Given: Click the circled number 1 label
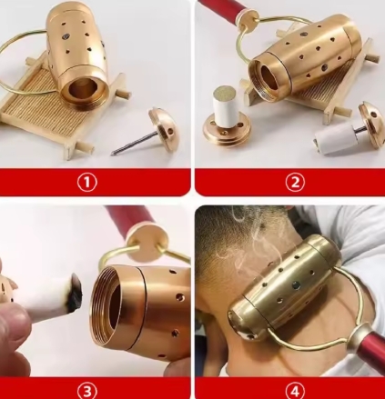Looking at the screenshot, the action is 86,183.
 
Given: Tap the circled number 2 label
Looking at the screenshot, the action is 295,183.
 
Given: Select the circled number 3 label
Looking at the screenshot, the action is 86,391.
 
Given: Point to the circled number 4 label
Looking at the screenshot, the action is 295,391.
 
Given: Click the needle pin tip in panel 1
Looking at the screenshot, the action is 112,155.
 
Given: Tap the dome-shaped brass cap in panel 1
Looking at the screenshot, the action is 164,126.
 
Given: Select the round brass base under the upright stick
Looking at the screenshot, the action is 228,129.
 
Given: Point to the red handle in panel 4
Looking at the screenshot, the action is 370,344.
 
